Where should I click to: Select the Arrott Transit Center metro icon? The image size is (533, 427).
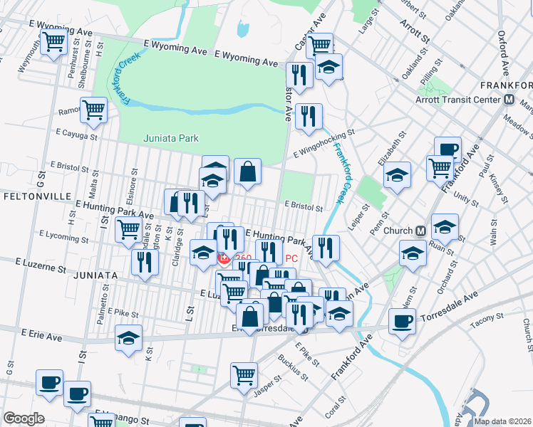tap(509, 100)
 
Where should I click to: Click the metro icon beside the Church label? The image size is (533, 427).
tap(420, 231)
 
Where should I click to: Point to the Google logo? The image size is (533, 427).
tap(24, 418)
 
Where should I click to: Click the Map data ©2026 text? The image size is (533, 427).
tap(502, 421)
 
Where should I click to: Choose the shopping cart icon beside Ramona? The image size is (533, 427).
tap(93, 110)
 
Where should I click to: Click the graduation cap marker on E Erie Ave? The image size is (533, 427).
tap(128, 337)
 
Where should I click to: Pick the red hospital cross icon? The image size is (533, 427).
tap(223, 258)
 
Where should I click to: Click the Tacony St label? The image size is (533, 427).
tap(487, 321)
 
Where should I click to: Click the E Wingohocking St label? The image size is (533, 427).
tap(324, 143)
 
